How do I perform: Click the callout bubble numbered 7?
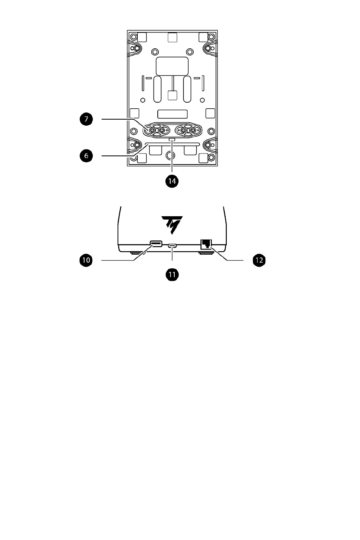point(86,119)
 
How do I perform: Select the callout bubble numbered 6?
point(86,156)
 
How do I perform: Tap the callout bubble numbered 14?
point(172,181)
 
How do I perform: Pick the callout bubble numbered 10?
point(86,260)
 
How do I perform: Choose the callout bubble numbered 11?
point(172,275)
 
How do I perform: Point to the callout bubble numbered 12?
point(259,260)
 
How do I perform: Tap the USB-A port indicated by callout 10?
point(156,244)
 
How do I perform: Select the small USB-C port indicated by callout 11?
point(172,246)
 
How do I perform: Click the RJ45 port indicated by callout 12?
point(206,245)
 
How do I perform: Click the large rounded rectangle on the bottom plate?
point(172,66)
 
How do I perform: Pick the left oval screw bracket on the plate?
point(156,131)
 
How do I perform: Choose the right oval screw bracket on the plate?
point(188,131)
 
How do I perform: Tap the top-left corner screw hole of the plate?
point(133,37)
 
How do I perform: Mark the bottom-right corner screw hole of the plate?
point(211,158)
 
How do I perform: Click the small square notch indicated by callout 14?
point(172,139)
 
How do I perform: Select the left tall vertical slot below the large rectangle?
point(157,89)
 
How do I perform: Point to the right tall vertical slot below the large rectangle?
point(187,89)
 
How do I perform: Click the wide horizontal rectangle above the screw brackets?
point(172,114)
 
